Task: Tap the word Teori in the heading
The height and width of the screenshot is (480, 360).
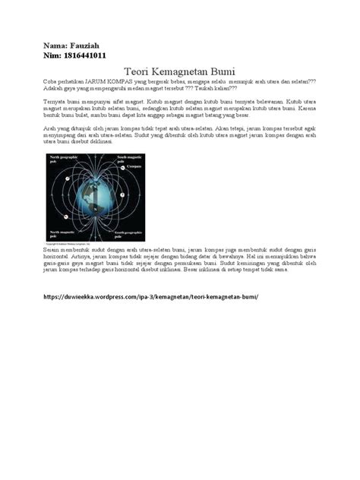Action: pyautogui.click(x=137, y=69)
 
